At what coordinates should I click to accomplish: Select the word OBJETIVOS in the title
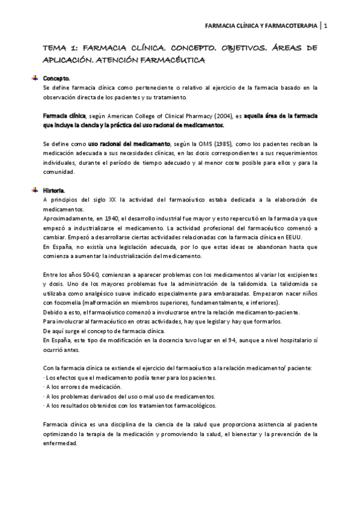pyautogui.click(x=225, y=48)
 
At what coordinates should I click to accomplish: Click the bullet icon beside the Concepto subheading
pyautogui.click(x=35, y=78)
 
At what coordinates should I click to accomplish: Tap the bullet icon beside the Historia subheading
pyautogui.click(x=35, y=189)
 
